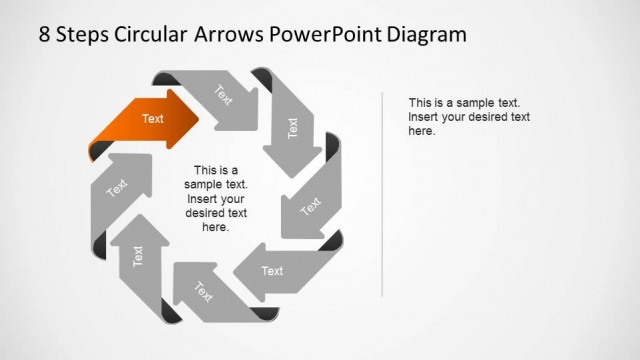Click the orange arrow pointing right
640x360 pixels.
click(150, 120)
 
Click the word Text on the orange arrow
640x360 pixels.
click(152, 119)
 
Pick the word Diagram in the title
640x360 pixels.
click(429, 35)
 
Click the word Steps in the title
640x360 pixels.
click(85, 35)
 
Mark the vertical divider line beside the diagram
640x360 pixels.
click(383, 190)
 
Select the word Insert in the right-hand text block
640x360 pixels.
click(424, 117)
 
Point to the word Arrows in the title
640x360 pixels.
click(233, 35)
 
